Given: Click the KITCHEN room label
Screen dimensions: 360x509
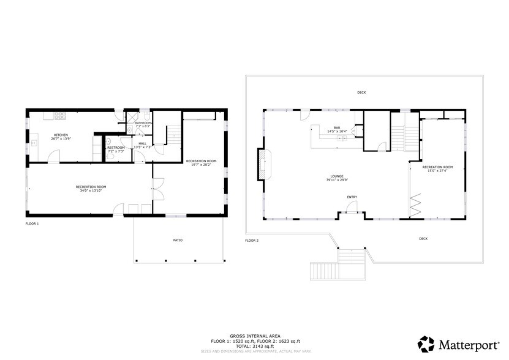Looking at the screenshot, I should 60,135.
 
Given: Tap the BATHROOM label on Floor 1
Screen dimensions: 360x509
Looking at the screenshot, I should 143,123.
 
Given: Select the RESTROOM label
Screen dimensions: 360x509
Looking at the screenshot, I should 116,148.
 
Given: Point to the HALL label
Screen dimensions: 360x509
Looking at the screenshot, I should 142,143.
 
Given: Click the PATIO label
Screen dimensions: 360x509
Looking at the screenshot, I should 178,240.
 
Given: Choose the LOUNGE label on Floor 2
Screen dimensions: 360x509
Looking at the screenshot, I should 336,176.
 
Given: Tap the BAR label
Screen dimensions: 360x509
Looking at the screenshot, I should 337,127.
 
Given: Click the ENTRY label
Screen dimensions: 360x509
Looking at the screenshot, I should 352,197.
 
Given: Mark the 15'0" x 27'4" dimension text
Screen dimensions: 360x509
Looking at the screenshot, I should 437,171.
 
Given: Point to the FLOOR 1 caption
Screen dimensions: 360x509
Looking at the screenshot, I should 32,224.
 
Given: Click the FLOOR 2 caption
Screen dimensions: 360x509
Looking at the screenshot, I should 252,241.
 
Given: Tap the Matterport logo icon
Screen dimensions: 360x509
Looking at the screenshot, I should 427,343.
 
